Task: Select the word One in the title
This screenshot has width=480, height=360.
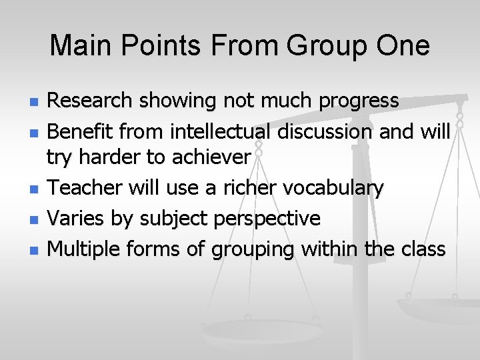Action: pos(404,46)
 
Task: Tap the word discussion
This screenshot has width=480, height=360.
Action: pos(325,131)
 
